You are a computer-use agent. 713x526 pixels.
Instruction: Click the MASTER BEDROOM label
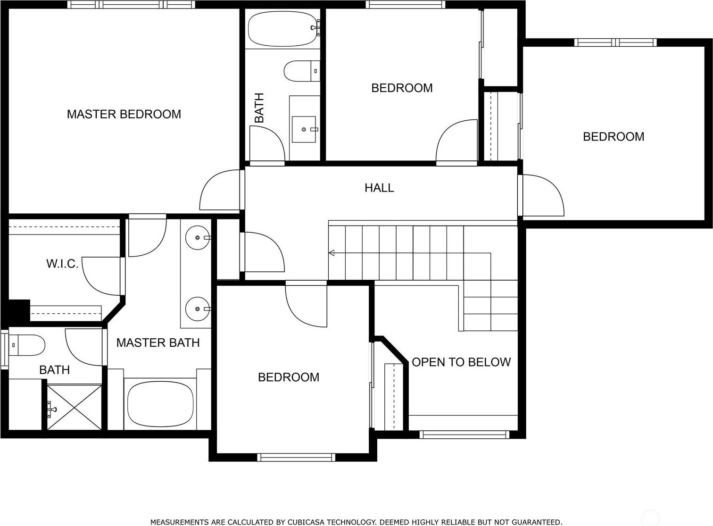pyautogui.click(x=124, y=114)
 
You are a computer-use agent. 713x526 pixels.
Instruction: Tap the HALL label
pyautogui.click(x=379, y=188)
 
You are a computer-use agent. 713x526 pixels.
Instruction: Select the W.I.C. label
pyautogui.click(x=62, y=264)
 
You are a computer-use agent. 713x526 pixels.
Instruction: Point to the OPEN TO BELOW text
pyautogui.click(x=461, y=362)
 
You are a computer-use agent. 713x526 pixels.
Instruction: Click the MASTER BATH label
pyautogui.click(x=158, y=342)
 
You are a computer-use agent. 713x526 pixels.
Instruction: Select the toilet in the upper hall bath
pyautogui.click(x=302, y=71)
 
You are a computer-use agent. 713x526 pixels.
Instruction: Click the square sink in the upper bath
pyautogui.click(x=304, y=129)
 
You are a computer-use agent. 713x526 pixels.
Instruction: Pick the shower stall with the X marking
pyautogui.click(x=75, y=407)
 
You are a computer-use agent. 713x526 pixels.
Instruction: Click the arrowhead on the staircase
pyautogui.click(x=332, y=253)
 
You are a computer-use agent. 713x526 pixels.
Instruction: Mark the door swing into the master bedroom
pyautogui.click(x=220, y=190)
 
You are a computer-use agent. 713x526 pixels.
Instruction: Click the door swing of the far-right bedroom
pyautogui.click(x=543, y=195)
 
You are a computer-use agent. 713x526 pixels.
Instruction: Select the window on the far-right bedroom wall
pyautogui.click(x=615, y=42)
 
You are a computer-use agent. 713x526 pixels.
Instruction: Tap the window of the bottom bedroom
pyautogui.click(x=296, y=458)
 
